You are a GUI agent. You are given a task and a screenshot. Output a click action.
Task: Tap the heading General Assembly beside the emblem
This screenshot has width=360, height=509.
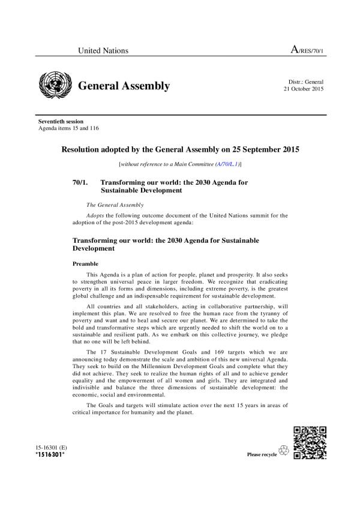tap(124, 86)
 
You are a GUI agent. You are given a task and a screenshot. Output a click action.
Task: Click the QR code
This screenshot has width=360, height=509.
tap(310, 442)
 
